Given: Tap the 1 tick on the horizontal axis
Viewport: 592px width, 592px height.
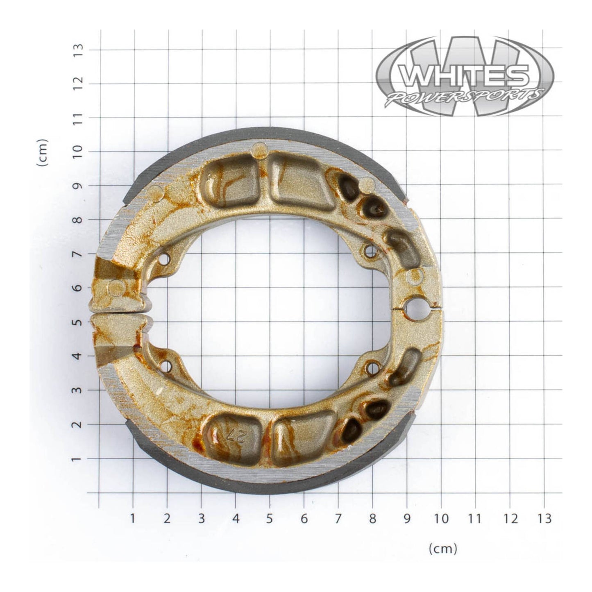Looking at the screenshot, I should (x=133, y=519).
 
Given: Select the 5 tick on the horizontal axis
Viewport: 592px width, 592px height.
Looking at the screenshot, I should (x=270, y=519).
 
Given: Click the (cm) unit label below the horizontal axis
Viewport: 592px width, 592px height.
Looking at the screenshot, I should (x=442, y=548).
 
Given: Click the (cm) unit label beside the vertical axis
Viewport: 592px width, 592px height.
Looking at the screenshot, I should (x=43, y=152).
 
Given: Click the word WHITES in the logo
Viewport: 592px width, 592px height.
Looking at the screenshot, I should (x=463, y=76).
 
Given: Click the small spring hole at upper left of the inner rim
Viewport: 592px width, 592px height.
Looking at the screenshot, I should (x=165, y=259).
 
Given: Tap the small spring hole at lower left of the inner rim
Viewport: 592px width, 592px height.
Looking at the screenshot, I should (x=166, y=365).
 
